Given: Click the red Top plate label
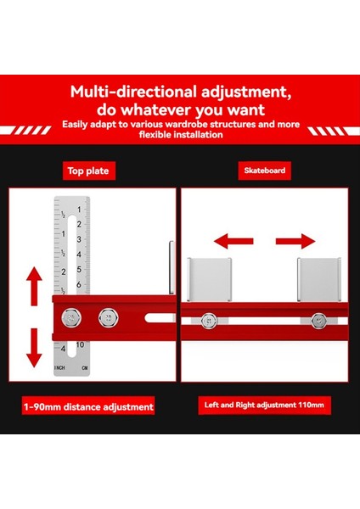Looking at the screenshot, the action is (x=88, y=171).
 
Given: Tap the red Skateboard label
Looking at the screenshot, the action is (x=264, y=171).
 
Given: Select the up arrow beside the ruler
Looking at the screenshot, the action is (x=34, y=287).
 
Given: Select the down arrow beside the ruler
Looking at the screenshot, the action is (x=34, y=348).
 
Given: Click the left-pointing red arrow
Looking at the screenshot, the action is (x=233, y=241).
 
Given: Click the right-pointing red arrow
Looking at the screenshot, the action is (x=295, y=241).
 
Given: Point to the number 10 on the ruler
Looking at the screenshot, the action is (x=81, y=344).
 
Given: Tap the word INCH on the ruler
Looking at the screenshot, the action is (x=59, y=368).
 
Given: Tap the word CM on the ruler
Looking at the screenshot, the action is (x=85, y=368).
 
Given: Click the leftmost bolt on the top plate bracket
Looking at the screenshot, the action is (x=71, y=318).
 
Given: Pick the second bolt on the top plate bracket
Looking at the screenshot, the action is (x=109, y=318).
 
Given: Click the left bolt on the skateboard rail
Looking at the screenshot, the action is (x=208, y=321).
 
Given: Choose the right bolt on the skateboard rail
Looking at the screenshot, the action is (x=318, y=321).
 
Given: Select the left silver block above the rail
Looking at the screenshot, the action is (x=210, y=279).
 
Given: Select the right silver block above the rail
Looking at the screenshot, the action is (x=319, y=279).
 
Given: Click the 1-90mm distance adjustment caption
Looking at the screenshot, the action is (x=88, y=406).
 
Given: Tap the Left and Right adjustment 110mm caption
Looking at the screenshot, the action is (x=264, y=406).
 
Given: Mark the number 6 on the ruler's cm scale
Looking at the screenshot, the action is (x=79, y=285).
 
